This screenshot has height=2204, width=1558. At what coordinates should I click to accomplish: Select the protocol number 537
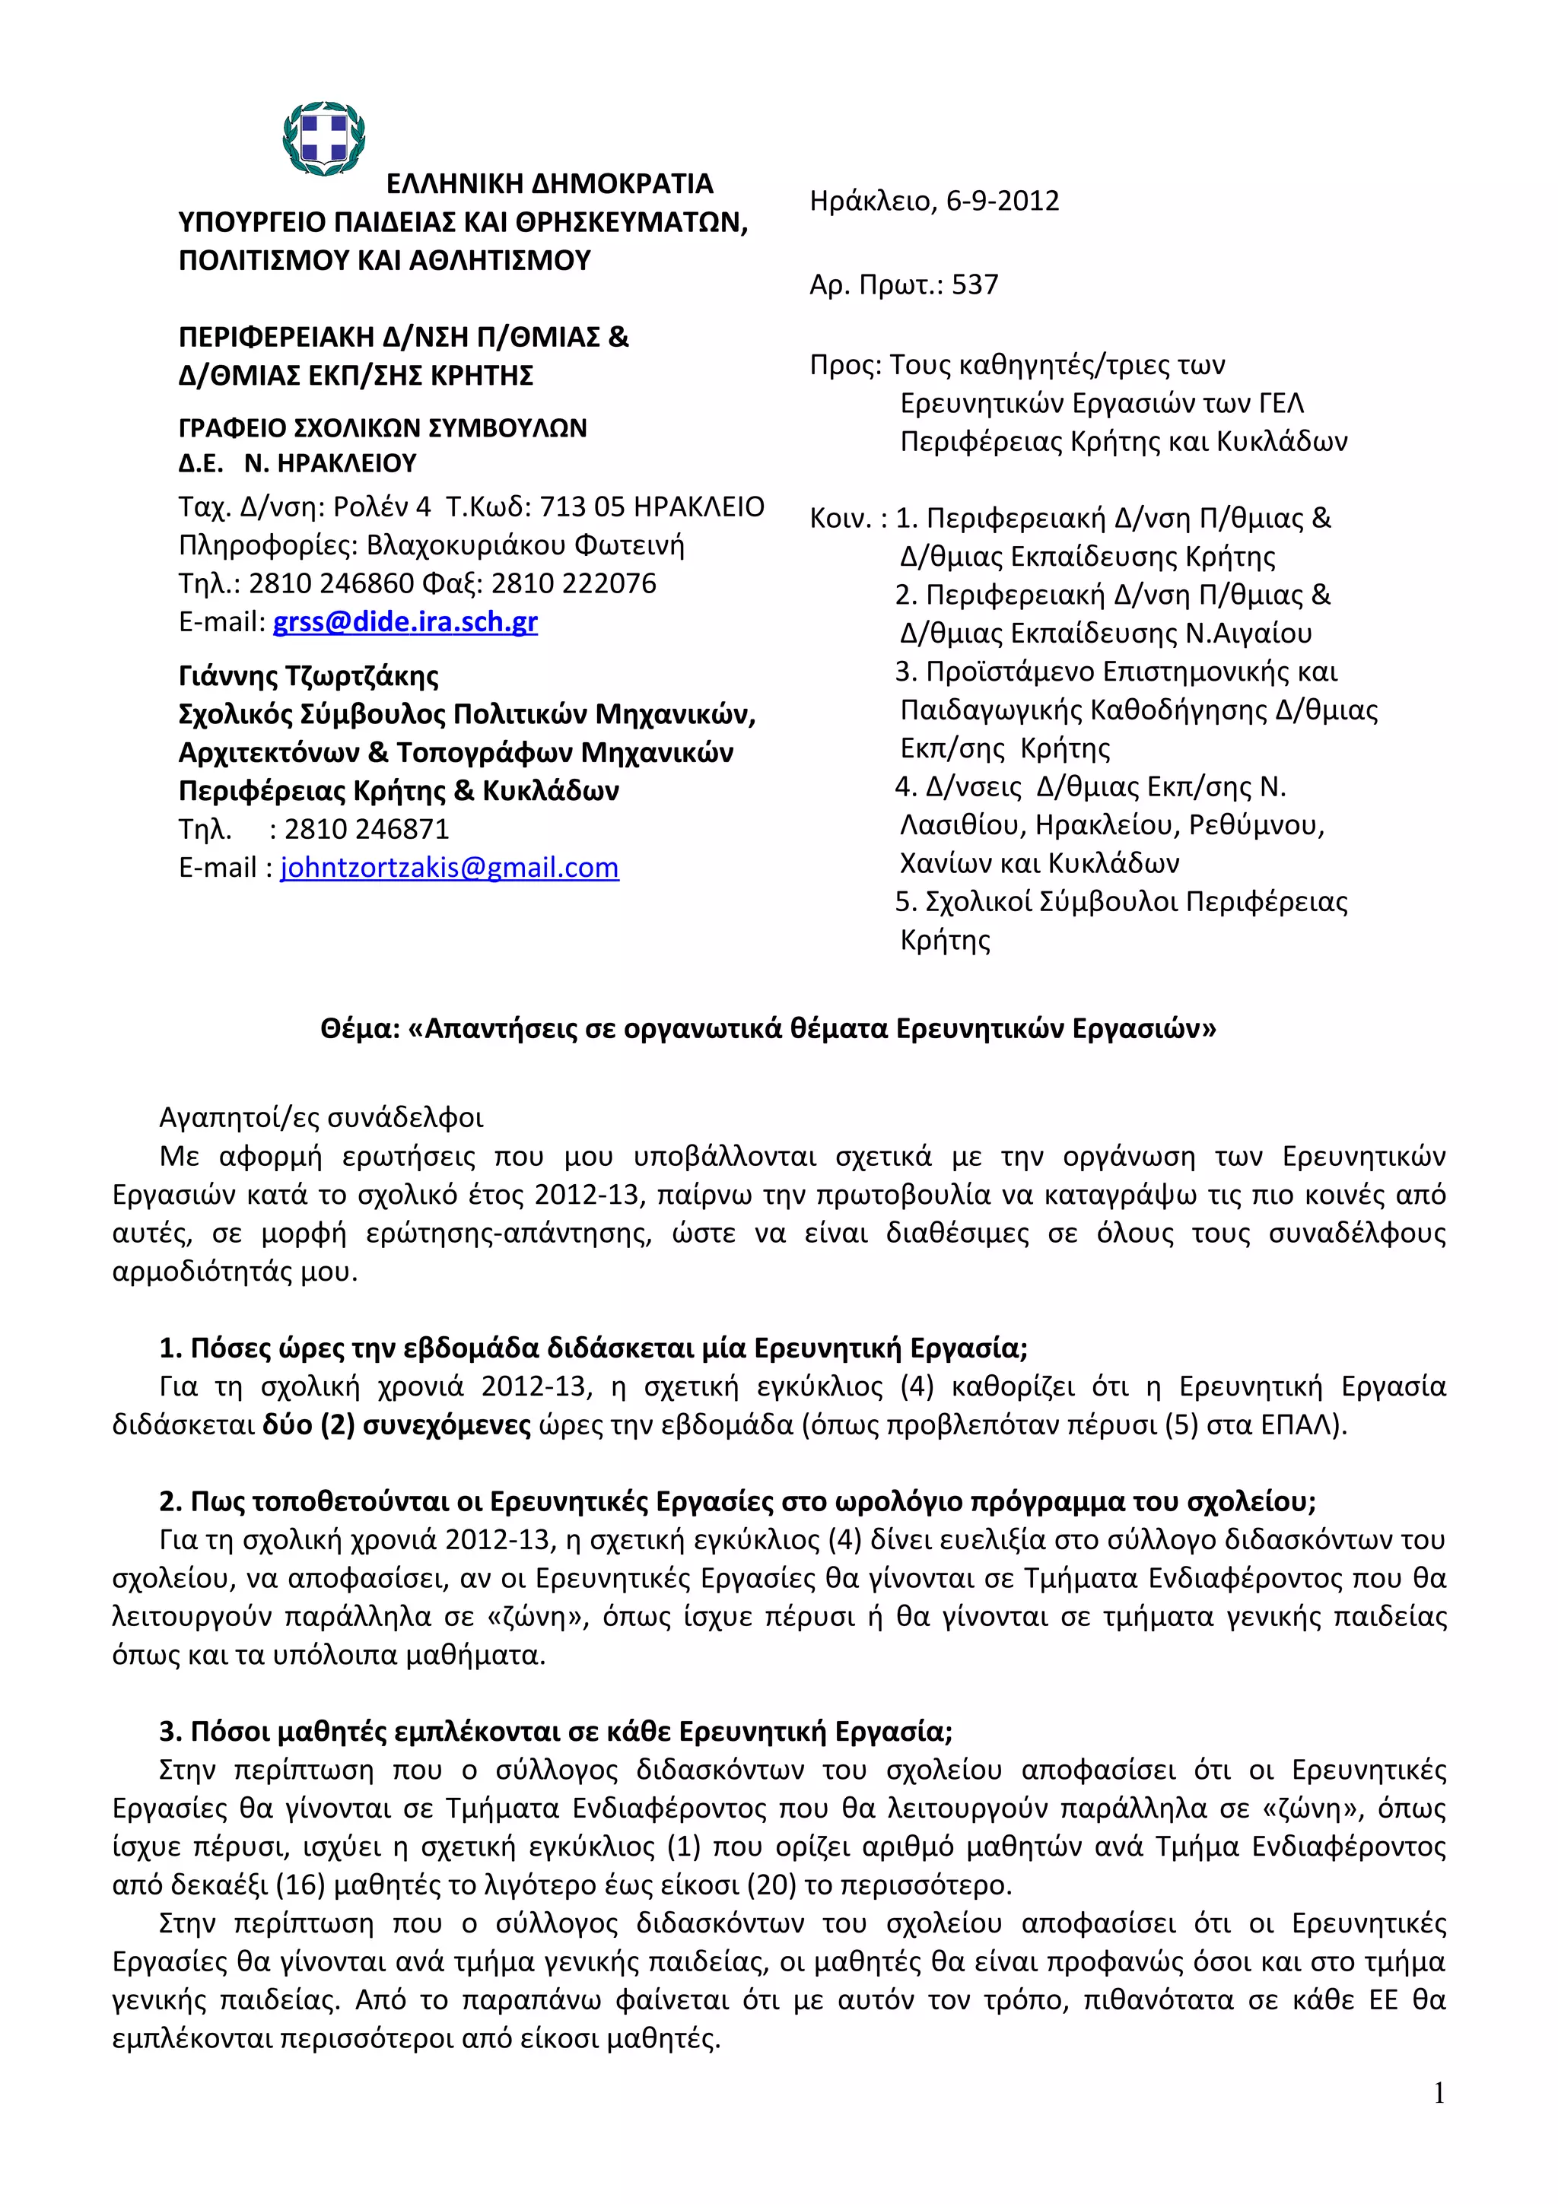click(975, 285)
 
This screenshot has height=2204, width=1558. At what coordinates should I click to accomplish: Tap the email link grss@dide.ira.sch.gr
click(405, 623)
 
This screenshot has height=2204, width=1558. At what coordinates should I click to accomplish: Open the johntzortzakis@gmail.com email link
click(450, 869)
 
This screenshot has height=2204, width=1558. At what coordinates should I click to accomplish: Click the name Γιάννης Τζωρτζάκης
click(308, 677)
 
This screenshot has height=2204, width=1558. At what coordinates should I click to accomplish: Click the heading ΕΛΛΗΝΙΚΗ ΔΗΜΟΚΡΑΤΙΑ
click(549, 184)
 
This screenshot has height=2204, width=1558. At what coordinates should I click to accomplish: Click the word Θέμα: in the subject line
click(360, 1029)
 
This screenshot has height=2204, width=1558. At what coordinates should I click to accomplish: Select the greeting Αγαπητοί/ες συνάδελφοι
click(322, 1118)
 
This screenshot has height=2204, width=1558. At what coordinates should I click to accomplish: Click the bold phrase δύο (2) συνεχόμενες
click(396, 1424)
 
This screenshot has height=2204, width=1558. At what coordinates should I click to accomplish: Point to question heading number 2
click(737, 1501)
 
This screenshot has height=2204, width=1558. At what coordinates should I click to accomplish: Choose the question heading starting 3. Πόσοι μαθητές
click(556, 1732)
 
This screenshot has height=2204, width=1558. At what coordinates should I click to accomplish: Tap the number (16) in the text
click(301, 1885)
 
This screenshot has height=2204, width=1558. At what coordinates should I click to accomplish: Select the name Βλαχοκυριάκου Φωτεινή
click(525, 546)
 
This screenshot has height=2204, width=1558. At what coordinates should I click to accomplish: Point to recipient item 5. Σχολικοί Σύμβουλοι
click(1121, 902)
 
